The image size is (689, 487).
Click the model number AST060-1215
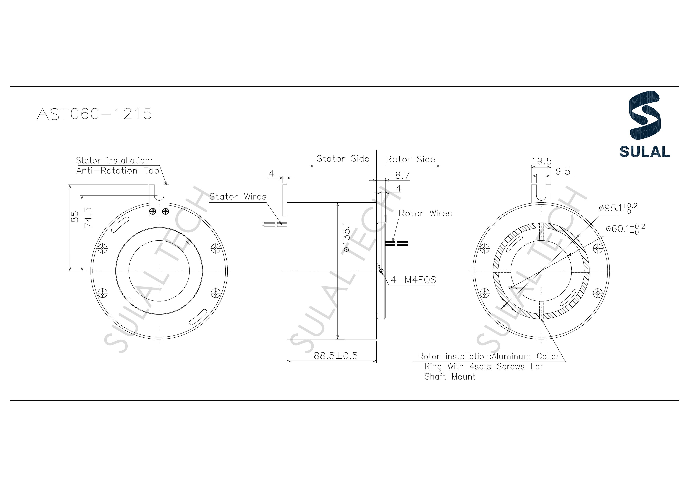click(94, 114)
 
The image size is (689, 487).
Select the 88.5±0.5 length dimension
click(336, 356)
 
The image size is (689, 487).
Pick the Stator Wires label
click(238, 197)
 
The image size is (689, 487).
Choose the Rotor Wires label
click(425, 214)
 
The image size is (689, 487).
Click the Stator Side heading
click(343, 159)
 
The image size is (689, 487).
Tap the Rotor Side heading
click(410, 159)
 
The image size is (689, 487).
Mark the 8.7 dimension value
click(402, 175)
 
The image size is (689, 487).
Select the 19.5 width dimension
click(541, 161)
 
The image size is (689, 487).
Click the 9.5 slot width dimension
click(563, 171)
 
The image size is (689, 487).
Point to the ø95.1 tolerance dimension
click(618, 208)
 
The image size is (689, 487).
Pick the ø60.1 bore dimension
click(625, 229)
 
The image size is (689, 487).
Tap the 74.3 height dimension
click(88, 217)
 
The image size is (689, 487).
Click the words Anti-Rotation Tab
click(117, 171)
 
